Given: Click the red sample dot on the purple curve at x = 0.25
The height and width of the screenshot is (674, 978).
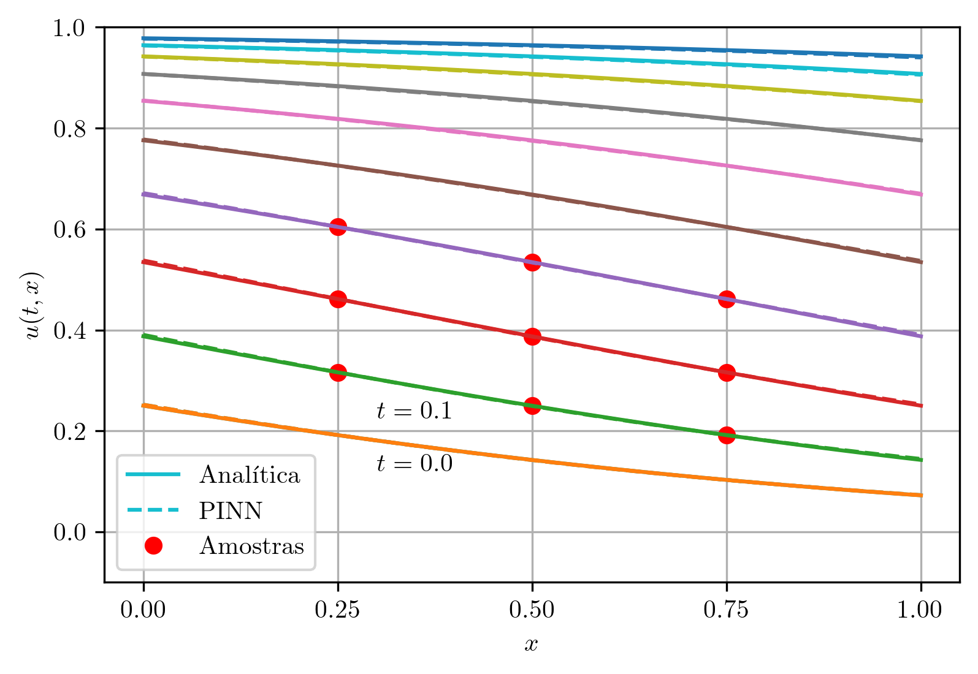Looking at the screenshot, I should (338, 227).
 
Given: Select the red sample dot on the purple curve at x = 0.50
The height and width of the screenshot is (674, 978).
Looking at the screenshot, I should (532, 263).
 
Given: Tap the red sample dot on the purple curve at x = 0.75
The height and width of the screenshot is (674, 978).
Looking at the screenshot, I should (727, 300).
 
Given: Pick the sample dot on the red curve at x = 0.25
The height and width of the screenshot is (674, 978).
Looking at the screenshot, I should (338, 300).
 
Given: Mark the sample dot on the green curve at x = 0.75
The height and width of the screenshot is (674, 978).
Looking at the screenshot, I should (727, 436).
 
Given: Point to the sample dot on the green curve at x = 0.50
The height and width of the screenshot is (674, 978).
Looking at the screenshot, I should (532, 406).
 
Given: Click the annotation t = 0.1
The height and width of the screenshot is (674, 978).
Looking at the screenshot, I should (415, 411).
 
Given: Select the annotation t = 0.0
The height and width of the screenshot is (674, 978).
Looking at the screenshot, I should (415, 464).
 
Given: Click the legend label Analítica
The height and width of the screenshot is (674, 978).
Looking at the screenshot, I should (250, 475).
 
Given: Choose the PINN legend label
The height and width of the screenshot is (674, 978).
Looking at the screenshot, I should (231, 510).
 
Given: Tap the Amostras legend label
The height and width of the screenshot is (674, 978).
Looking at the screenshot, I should (251, 546).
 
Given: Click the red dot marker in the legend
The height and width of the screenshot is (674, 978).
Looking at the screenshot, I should (153, 546).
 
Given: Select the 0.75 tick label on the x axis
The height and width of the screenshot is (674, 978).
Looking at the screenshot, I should (727, 610).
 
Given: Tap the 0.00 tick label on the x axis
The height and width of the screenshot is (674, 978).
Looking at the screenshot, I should (143, 610).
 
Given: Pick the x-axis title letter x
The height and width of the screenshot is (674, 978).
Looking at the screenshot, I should (532, 644).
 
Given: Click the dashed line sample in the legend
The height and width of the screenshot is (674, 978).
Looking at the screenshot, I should (153, 510).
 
